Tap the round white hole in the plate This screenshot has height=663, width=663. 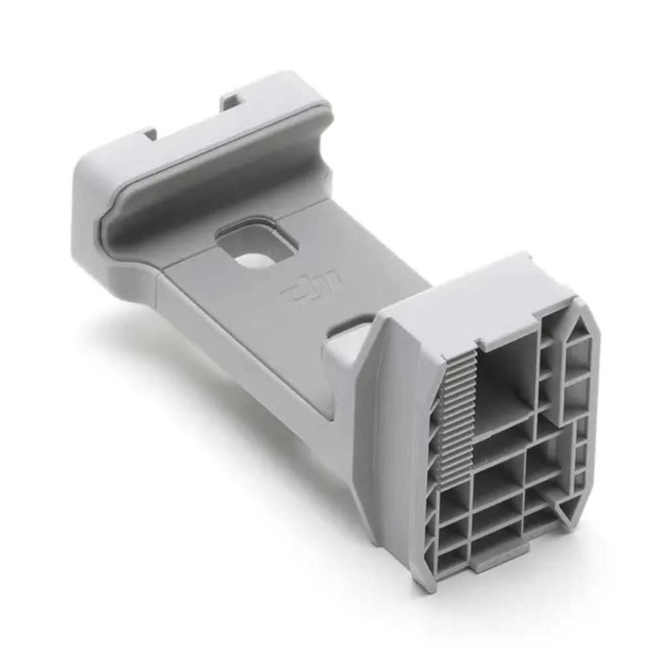tap(254, 259)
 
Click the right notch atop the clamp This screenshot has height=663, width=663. tap(232, 101)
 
